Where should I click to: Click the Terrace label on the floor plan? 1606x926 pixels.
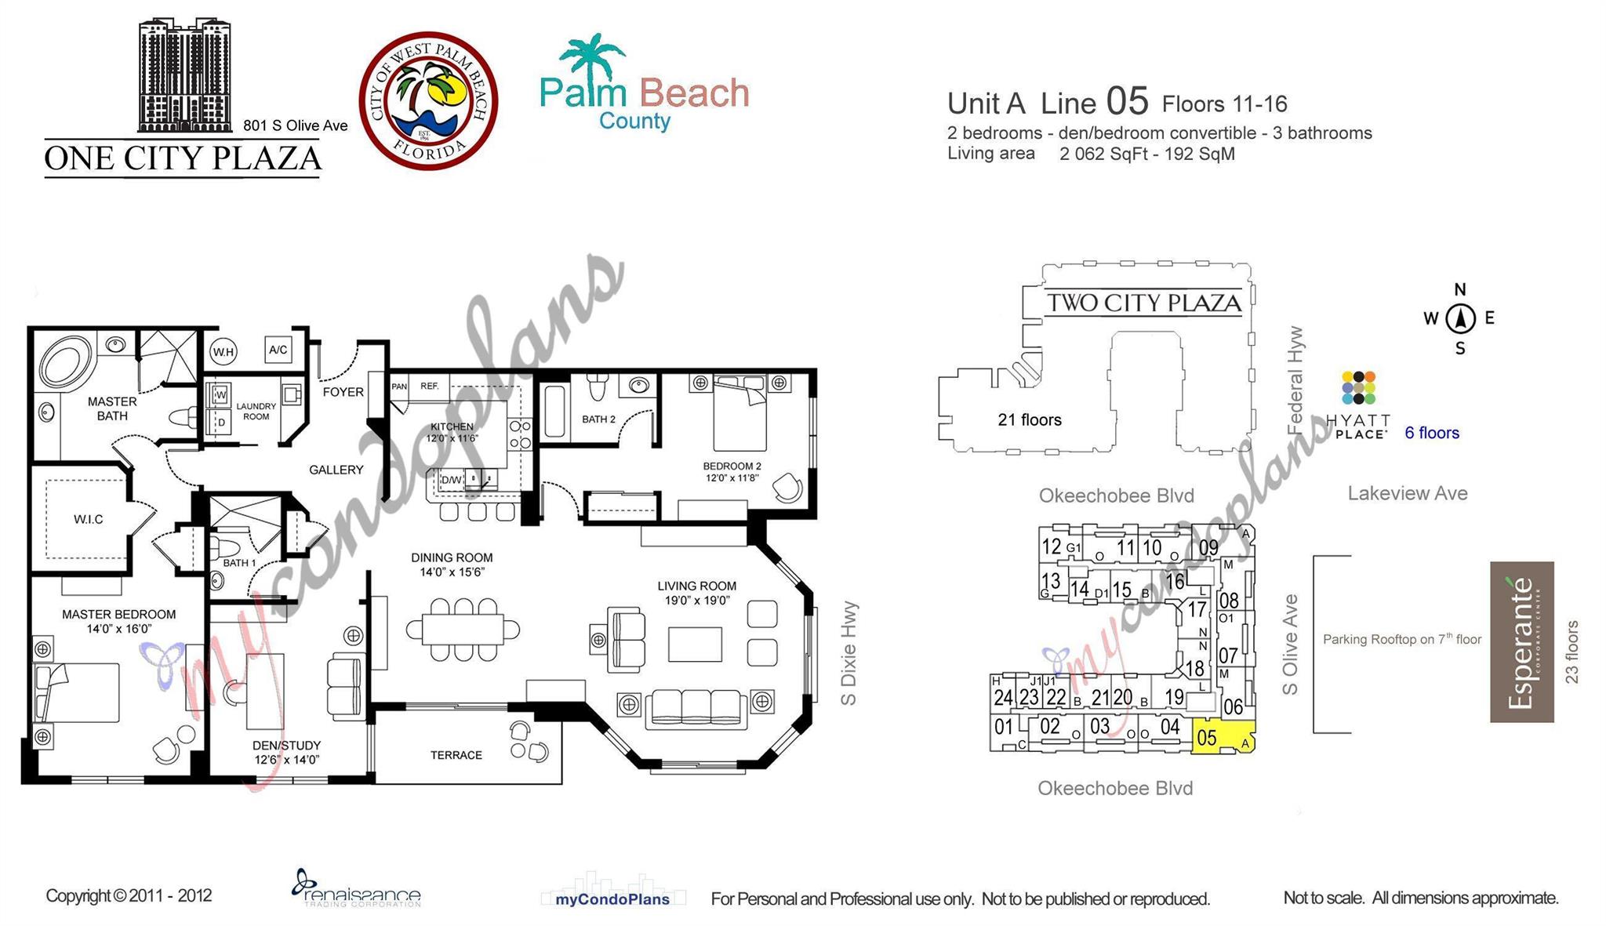click(456, 755)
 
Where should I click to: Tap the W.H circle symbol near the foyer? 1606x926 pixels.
click(223, 352)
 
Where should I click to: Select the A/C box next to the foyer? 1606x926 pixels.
click(278, 350)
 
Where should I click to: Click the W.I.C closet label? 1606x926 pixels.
click(88, 519)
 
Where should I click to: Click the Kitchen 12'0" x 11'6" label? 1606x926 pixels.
click(452, 432)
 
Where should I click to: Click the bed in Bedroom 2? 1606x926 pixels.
click(739, 416)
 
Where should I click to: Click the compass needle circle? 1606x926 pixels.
click(1460, 318)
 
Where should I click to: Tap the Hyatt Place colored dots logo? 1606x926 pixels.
click(1359, 387)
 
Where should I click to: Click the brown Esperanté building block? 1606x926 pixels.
click(1521, 641)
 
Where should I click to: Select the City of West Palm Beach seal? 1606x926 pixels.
click(428, 100)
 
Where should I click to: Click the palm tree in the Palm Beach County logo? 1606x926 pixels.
click(590, 56)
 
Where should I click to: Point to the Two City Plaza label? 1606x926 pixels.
click(1143, 303)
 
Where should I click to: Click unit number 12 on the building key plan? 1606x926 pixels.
click(1051, 546)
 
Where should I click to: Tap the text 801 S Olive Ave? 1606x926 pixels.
click(295, 125)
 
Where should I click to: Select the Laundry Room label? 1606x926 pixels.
click(256, 411)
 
